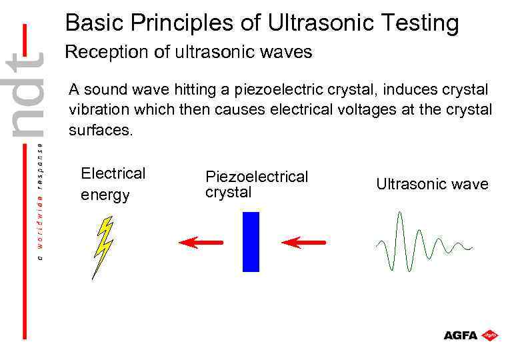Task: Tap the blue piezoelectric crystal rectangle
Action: [251, 242]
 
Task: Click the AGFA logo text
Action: [461, 335]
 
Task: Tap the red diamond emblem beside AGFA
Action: [490, 335]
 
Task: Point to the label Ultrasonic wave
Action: [432, 184]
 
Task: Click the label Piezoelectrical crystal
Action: [257, 185]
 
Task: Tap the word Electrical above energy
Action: [113, 173]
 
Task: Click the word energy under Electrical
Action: [105, 195]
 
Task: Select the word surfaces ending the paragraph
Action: [101, 131]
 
